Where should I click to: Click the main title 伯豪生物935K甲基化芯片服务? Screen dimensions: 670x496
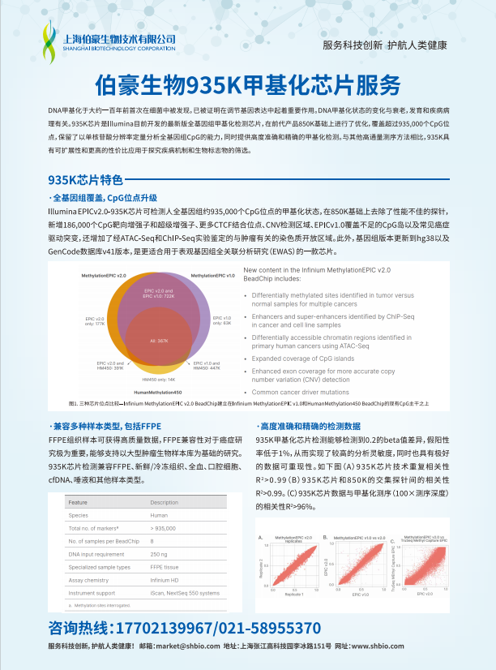tap(248, 84)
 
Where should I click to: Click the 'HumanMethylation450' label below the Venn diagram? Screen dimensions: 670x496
tap(158, 392)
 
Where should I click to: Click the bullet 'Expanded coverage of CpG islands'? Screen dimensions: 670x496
tap(304, 358)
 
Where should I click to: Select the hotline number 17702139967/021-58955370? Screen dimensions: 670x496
tap(185, 627)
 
